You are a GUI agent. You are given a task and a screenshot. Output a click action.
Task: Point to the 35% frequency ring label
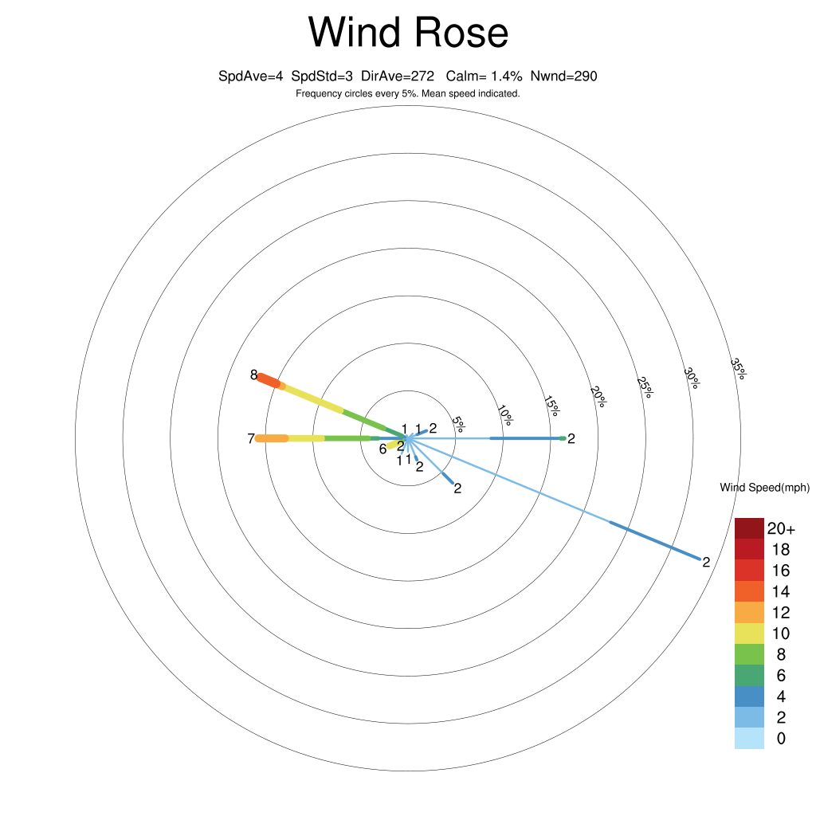coord(738,369)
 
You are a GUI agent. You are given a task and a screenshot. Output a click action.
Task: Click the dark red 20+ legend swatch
coord(749,528)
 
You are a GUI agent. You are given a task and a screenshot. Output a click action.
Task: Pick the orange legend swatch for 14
coord(749,590)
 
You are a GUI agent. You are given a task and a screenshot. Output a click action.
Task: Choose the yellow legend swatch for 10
coord(749,634)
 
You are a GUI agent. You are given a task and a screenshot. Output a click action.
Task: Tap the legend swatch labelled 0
coord(749,738)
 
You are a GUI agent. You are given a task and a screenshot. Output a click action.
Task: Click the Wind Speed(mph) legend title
coord(764,488)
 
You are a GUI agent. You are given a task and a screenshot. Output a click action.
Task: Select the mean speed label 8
coord(254,375)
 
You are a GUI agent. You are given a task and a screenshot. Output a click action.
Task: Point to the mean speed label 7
coord(251,438)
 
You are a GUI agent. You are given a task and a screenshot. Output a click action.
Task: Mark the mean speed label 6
coord(382,449)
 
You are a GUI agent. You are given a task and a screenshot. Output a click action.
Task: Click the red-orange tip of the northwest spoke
coord(269,379)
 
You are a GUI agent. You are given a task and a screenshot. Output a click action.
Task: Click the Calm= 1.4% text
coord(484,76)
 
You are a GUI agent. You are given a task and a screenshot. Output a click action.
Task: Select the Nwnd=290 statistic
coord(563,76)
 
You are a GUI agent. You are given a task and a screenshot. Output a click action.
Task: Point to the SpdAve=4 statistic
coord(251,76)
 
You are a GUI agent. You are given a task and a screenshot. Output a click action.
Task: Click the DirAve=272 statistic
coord(398,76)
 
